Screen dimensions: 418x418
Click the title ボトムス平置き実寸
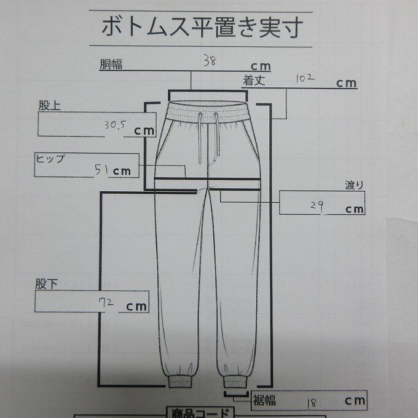(x=201, y=26)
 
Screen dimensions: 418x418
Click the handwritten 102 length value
(x=306, y=78)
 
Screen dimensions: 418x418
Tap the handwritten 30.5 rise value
(x=115, y=125)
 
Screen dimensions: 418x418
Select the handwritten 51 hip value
(x=101, y=170)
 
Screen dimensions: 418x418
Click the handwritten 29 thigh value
(x=317, y=207)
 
